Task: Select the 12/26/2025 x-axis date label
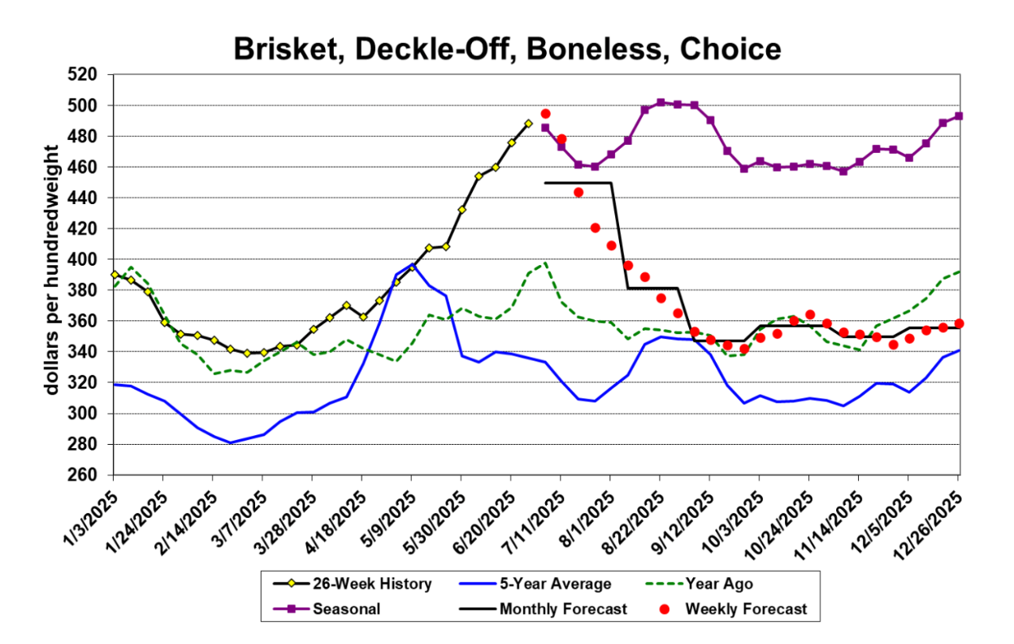[934, 517]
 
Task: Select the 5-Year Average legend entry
[554, 584]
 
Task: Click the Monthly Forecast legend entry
[562, 608]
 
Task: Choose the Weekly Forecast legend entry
[746, 608]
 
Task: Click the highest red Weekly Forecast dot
[546, 114]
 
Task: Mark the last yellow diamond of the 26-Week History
[528, 124]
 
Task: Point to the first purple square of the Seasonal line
[545, 128]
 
